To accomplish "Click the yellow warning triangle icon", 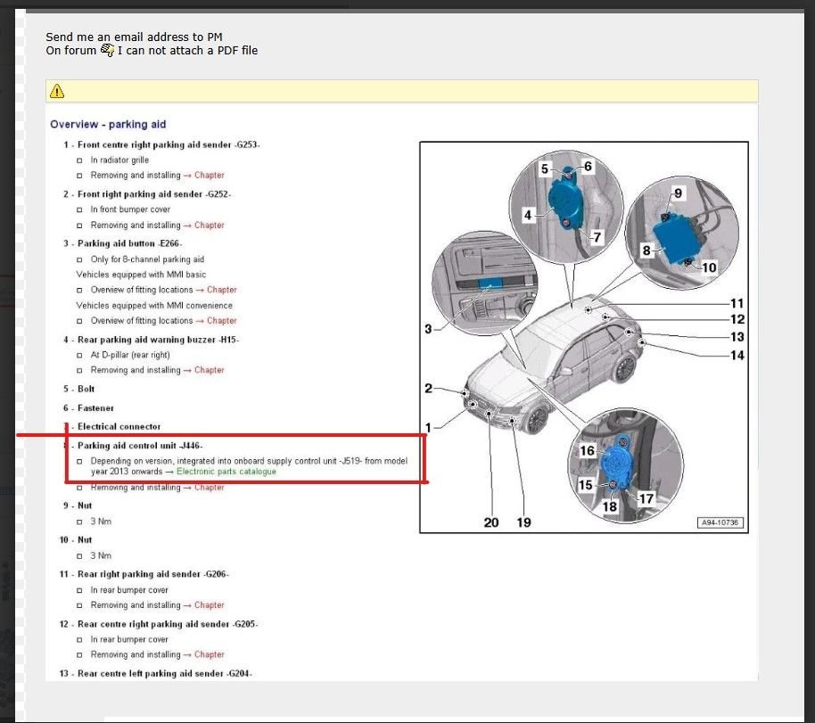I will pyautogui.click(x=57, y=91).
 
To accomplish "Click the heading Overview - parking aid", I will pyautogui.click(x=108, y=125).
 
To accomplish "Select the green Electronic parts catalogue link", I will pyautogui.click(x=226, y=472).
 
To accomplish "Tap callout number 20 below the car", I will pyautogui.click(x=491, y=522).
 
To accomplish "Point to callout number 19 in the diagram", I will pyautogui.click(x=523, y=522).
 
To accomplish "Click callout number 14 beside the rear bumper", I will pyautogui.click(x=737, y=356).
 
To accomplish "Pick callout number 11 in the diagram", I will pyautogui.click(x=737, y=303).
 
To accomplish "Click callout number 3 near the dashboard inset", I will pyautogui.click(x=428, y=330).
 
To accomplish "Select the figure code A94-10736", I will pyautogui.click(x=720, y=523).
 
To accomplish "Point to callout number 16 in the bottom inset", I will pyautogui.click(x=587, y=451).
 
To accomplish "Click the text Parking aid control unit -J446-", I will pyautogui.click(x=140, y=445).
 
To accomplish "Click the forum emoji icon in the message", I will pyautogui.click(x=107, y=51).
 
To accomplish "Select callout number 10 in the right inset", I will pyautogui.click(x=709, y=267).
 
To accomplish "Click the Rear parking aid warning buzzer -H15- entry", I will pyautogui.click(x=158, y=340).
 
